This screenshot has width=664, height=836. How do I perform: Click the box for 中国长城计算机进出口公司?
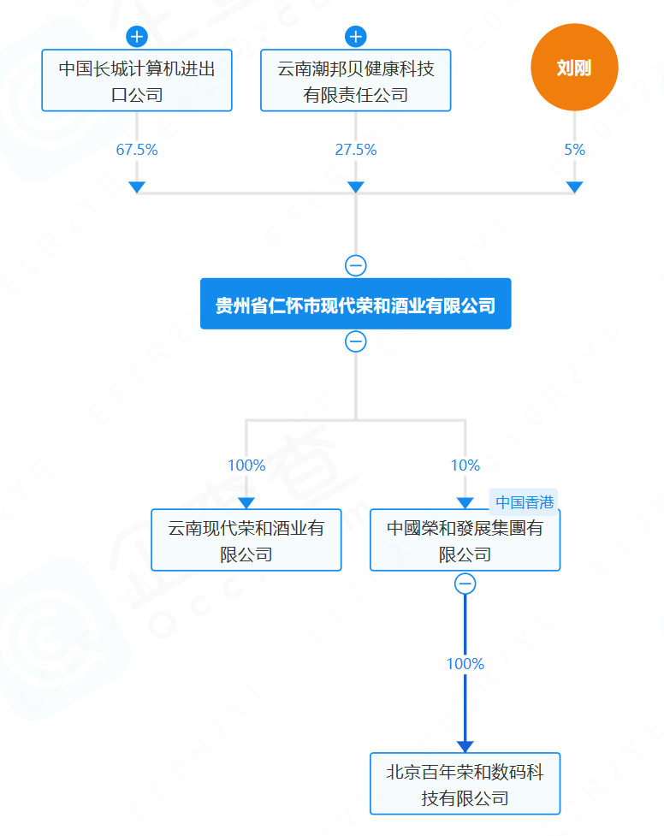[x=137, y=80]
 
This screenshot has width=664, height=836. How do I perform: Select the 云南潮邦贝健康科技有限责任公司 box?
[x=356, y=80]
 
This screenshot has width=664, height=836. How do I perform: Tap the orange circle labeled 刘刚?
[x=574, y=68]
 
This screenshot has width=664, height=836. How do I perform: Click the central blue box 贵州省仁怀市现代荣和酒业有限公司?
[x=355, y=304]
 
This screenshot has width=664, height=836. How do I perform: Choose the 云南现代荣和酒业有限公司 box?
[x=246, y=540]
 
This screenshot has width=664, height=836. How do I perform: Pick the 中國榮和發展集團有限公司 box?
[x=465, y=540]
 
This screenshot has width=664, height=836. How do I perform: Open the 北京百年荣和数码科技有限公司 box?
[x=465, y=784]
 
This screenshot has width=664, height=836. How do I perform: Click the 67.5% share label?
[x=137, y=150]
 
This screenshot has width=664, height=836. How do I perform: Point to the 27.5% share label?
[x=356, y=150]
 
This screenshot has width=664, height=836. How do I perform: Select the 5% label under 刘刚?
[x=574, y=150]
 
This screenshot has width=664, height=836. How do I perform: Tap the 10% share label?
[x=465, y=465]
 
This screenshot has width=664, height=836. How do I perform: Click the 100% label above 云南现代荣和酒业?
[x=246, y=465]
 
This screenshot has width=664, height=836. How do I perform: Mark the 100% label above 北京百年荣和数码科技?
[x=465, y=664]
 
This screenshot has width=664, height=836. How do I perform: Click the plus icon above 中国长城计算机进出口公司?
[x=137, y=37]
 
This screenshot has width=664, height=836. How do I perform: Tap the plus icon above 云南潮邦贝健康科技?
[x=356, y=37]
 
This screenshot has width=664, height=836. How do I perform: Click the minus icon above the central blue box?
[x=356, y=265]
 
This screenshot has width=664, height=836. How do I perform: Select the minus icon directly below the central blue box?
[x=356, y=341]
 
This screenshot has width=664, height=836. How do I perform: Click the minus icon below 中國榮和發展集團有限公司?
[x=465, y=584]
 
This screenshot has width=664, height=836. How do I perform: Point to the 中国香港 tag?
[x=525, y=501]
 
